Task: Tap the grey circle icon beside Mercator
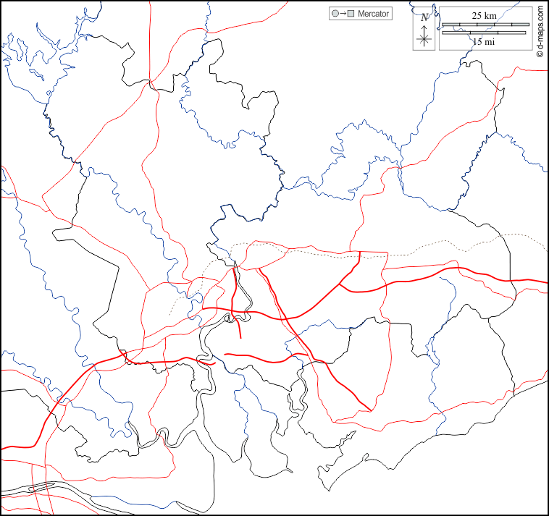(x=335, y=14)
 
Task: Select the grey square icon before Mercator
(x=351, y=14)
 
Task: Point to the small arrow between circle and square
(x=343, y=14)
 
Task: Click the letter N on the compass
(x=424, y=17)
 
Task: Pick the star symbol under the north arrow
(x=425, y=40)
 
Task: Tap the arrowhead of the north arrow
(x=425, y=26)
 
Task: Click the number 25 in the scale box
(x=478, y=15)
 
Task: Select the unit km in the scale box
(x=490, y=15)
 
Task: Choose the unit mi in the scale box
(x=490, y=42)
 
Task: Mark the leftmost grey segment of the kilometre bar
(x=450, y=25)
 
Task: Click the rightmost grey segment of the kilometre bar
(x=521, y=25)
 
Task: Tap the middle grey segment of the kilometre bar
(x=485, y=25)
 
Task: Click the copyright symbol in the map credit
(x=540, y=54)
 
